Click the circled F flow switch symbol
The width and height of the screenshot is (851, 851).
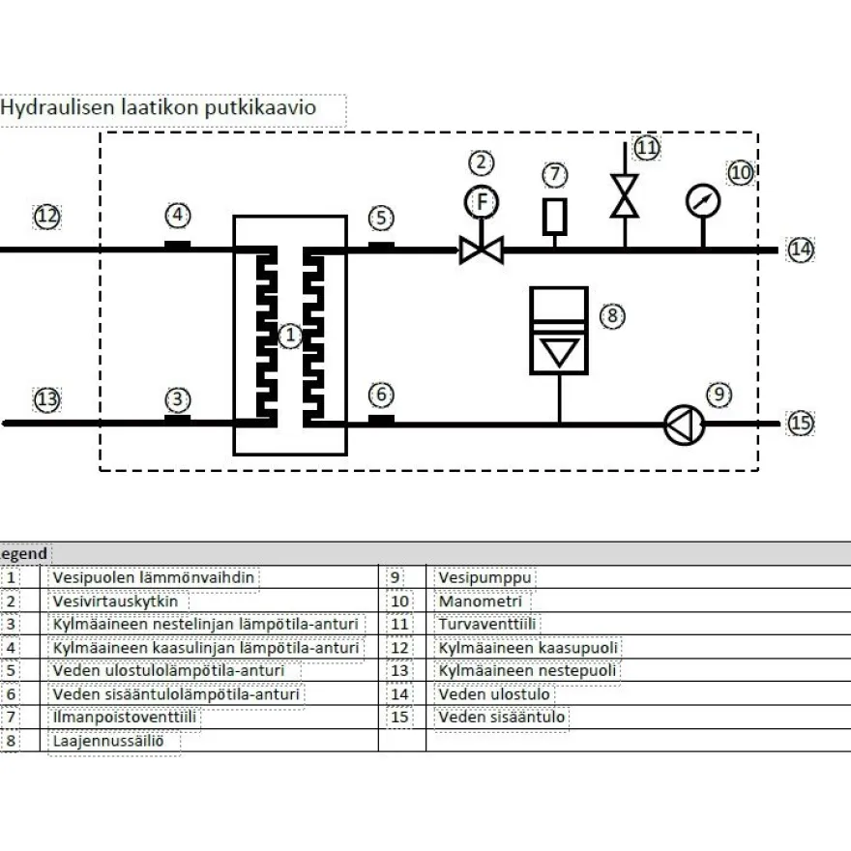tap(482, 202)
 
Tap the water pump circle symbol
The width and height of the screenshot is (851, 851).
tap(685, 425)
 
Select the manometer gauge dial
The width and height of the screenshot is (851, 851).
tap(703, 201)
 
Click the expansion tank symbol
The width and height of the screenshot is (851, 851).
tap(559, 331)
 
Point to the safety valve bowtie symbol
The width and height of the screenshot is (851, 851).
tap(625, 196)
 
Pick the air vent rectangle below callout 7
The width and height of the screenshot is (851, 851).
tap(555, 217)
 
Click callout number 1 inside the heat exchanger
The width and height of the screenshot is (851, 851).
tap(290, 336)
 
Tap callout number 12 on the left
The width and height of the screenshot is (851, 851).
tap(47, 217)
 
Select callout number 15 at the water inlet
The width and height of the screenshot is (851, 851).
tap(801, 424)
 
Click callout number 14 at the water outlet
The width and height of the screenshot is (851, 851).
tap(801, 250)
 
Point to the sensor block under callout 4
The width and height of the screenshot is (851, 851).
tap(178, 246)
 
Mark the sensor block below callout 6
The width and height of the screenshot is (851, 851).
tap(381, 420)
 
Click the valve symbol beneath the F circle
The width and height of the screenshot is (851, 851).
tap(482, 250)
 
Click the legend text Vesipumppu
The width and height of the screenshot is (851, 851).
tap(484, 577)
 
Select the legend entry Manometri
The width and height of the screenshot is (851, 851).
tap(481, 602)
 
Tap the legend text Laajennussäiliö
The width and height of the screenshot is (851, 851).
tap(108, 741)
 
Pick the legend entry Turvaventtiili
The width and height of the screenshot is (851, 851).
tap(486, 624)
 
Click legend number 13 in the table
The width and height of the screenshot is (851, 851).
tap(399, 671)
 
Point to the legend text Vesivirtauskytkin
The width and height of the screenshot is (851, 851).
tap(115, 602)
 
